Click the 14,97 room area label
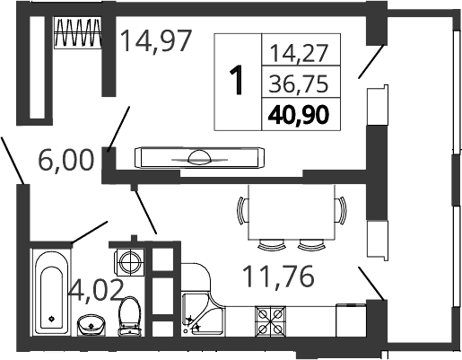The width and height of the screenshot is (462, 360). (156, 41)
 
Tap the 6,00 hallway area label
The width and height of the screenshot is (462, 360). (66, 161)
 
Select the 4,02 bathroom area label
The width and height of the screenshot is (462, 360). (96, 290)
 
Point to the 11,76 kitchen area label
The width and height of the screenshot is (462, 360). (279, 276)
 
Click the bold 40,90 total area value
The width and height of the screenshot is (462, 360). (299, 115)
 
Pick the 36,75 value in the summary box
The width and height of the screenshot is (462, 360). (299, 83)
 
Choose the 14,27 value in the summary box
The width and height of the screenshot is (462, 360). (299, 53)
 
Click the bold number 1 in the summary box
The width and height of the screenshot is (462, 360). (238, 81)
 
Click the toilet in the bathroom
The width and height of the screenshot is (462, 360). (130, 316)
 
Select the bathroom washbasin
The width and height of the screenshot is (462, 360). (92, 325)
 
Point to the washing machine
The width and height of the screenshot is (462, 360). (130, 262)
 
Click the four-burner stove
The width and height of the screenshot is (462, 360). (270, 321)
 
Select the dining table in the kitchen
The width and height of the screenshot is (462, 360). (292, 212)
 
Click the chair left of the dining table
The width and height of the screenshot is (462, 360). (243, 210)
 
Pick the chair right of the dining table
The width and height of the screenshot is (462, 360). (341, 210)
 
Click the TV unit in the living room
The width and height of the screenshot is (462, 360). (199, 158)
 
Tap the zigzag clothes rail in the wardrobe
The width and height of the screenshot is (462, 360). (78, 32)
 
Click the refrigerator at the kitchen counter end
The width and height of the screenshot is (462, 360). (351, 320)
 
